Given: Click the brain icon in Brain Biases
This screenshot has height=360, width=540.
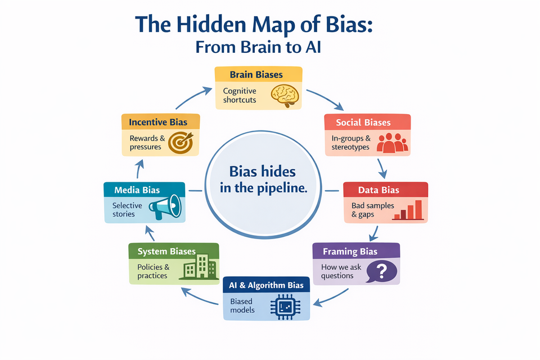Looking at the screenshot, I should pyautogui.click(x=285, y=95).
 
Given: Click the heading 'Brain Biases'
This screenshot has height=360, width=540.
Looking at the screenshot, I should pyautogui.click(x=256, y=75).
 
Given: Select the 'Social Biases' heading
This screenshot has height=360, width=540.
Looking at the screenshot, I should pyautogui.click(x=363, y=123).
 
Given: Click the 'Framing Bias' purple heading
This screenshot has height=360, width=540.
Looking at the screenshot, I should pyautogui.click(x=350, y=251).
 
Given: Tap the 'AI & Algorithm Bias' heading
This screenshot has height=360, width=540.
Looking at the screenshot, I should pyautogui.click(x=266, y=285).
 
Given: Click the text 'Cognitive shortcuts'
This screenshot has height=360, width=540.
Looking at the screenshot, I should pyautogui.click(x=240, y=95).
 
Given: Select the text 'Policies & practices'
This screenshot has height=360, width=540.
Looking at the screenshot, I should pyautogui.click(x=153, y=271).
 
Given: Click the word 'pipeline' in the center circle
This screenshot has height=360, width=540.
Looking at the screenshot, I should pyautogui.click(x=285, y=188).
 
